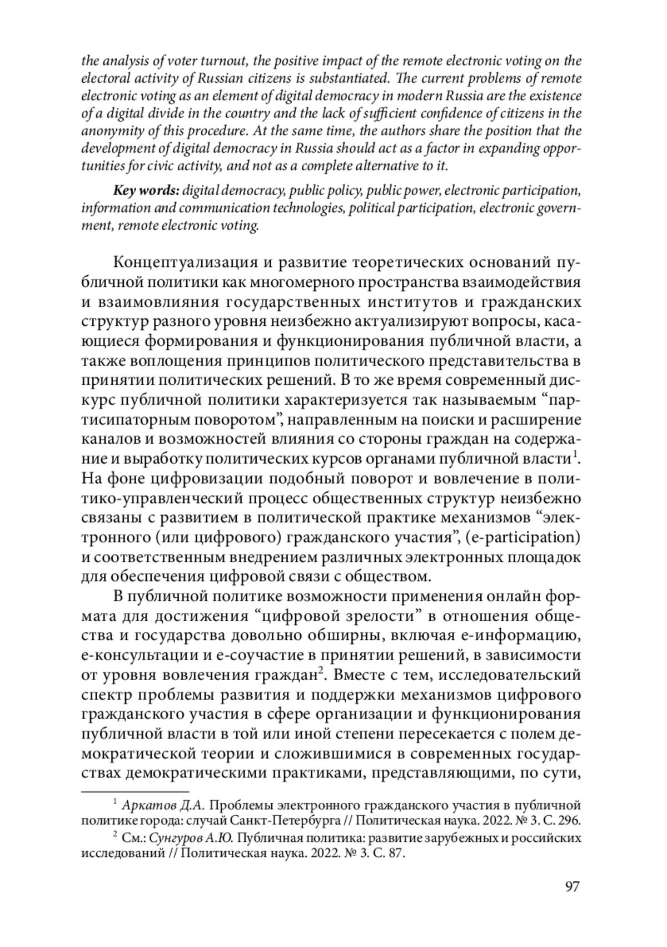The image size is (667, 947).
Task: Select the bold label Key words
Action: pyautogui.click(x=146, y=191)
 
